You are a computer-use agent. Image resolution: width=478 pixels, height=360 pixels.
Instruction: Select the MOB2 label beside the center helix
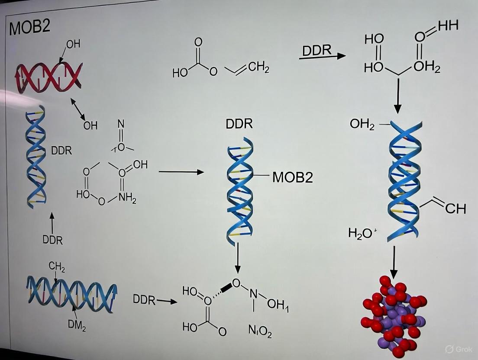[x=292, y=177]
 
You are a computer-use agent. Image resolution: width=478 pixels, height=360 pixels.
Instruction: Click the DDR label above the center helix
[x=239, y=124]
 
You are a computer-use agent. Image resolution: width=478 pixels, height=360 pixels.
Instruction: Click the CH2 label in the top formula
[x=258, y=67]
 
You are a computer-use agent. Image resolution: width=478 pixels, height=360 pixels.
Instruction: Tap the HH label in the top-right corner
[x=448, y=26]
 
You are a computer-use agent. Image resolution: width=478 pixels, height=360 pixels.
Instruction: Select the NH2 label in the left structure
[x=128, y=199]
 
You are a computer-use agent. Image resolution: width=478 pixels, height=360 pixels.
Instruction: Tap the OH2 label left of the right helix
[x=362, y=125]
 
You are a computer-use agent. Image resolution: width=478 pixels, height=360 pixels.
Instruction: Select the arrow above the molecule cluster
[x=394, y=262]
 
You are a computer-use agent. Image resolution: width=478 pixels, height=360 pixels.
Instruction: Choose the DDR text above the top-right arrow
[x=317, y=50]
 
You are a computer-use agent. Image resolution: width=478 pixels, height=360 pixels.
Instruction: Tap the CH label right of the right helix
[x=455, y=209]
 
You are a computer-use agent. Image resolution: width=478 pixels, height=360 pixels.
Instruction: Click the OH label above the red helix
[x=73, y=44]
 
